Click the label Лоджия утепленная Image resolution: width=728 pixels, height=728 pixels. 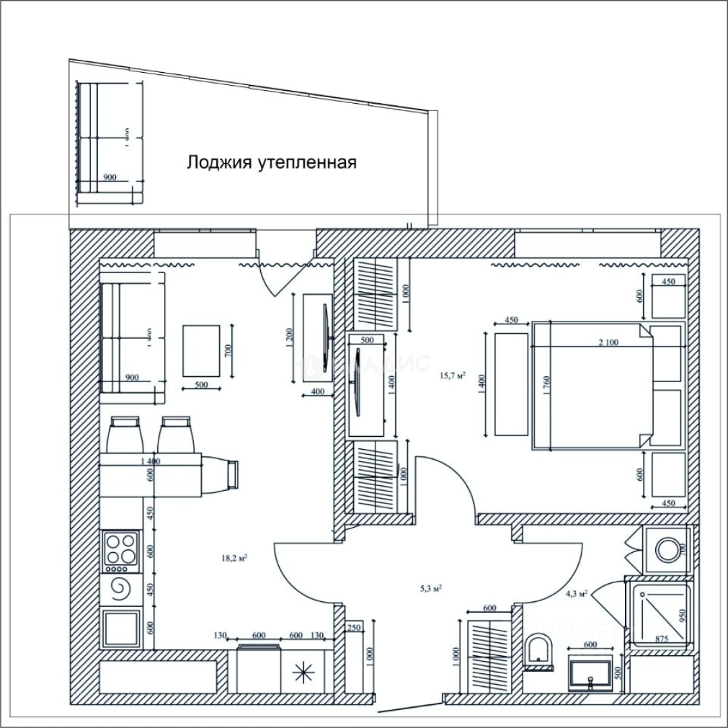(x=271, y=162)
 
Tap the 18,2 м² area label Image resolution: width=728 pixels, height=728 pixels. (x=233, y=557)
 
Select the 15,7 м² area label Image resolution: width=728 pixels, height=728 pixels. (x=452, y=376)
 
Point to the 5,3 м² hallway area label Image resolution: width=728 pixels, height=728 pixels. (x=430, y=588)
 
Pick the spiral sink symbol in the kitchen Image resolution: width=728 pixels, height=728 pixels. (x=121, y=590)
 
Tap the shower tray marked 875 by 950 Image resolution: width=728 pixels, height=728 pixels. (x=658, y=613)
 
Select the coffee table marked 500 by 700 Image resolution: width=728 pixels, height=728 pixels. (x=201, y=351)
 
